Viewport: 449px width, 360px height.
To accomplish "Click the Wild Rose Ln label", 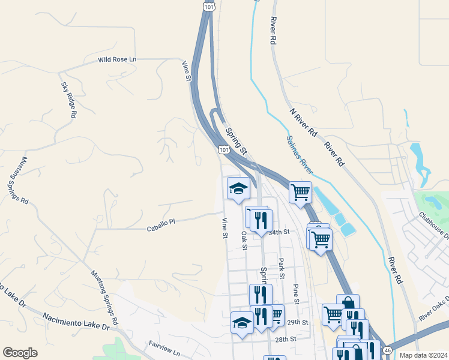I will pyautogui.click(x=118, y=60).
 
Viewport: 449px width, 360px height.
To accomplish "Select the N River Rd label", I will pyautogui.click(x=303, y=124).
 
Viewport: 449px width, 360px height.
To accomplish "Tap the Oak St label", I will pyautogui.click(x=244, y=238).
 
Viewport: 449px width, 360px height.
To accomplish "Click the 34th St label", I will pyautogui.click(x=279, y=232).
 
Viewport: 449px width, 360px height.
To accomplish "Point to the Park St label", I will pyautogui.click(x=282, y=265).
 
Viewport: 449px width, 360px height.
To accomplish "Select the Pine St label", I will pyautogui.click(x=295, y=293).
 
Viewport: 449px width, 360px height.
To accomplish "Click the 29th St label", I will pyautogui.click(x=297, y=322).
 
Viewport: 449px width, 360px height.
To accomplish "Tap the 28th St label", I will pyautogui.click(x=286, y=339).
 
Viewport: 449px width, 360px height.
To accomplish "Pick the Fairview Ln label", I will pyautogui.click(x=164, y=349).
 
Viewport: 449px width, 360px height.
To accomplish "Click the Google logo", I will pyautogui.click(x=20, y=353).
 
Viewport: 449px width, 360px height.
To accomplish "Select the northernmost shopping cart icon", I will pyautogui.click(x=300, y=193).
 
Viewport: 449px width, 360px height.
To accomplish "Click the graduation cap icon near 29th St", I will pyautogui.click(x=242, y=322).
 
